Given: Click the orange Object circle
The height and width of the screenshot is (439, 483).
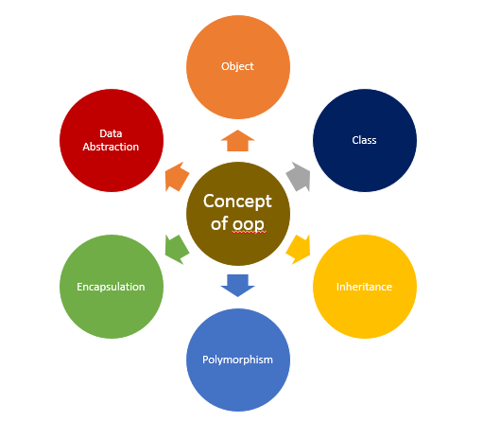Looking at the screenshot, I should pyautogui.click(x=237, y=67).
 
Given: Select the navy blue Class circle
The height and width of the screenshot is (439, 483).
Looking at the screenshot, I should pyautogui.click(x=364, y=140).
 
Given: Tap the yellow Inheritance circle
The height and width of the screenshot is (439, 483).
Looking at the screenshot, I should pyautogui.click(x=364, y=286).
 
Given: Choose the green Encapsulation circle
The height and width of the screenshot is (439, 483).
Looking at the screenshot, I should pyautogui.click(x=111, y=286).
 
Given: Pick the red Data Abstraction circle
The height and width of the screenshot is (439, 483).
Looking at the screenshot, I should pyautogui.click(x=111, y=140).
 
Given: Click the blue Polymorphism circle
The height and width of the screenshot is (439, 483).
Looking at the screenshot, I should pyautogui.click(x=237, y=359).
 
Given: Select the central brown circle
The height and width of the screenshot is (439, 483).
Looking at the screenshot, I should pyautogui.click(x=237, y=213).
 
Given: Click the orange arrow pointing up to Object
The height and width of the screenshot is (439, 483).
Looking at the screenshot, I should pyautogui.click(x=237, y=141).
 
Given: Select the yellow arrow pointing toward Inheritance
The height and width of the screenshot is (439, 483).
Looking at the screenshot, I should pyautogui.click(x=299, y=249).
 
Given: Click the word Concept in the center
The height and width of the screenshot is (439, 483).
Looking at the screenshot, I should pyautogui.click(x=237, y=202).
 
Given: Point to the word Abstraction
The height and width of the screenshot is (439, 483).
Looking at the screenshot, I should pyautogui.click(x=112, y=147).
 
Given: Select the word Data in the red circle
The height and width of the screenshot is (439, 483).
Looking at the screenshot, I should pyautogui.click(x=112, y=133).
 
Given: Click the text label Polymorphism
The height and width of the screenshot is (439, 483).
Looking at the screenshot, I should pyautogui.click(x=237, y=360).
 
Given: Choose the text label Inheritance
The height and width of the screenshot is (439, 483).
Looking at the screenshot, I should pyautogui.click(x=364, y=287).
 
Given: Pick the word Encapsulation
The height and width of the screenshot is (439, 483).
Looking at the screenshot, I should pyautogui.click(x=111, y=287).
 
